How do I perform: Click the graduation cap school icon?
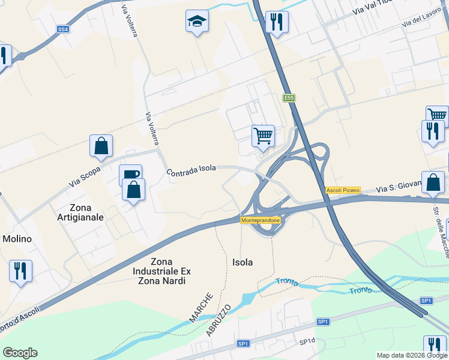click(197, 22)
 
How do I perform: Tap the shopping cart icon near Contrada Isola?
click(263, 137)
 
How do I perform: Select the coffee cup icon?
click(130, 175)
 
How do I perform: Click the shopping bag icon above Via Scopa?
click(101, 146)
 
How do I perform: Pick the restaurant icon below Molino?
click(21, 271)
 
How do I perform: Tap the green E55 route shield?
click(290, 98)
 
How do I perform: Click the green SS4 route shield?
click(63, 29)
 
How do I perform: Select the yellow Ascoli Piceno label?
click(343, 190)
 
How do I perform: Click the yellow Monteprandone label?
click(260, 221)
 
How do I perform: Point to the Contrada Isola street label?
click(191, 171)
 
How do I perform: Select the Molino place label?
click(17, 239)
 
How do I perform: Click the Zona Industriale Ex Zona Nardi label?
click(160, 271)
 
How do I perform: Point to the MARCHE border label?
click(201, 308)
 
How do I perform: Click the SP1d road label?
click(307, 341)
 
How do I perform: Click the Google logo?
click(20, 353)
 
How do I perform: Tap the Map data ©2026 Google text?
click(412, 355)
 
